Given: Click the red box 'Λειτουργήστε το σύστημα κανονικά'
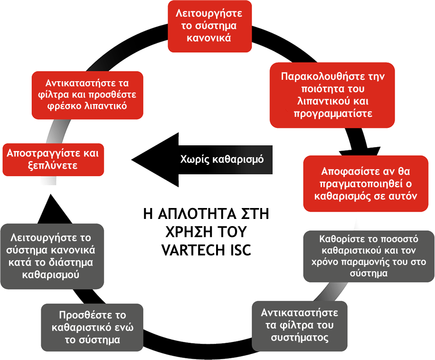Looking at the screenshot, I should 209,27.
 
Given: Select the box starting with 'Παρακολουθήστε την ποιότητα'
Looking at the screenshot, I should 332,95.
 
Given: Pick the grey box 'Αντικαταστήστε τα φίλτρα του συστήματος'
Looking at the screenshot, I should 300,325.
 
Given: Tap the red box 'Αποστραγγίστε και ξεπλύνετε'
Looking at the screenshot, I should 53,160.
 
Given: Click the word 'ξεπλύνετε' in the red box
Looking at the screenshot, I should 53,166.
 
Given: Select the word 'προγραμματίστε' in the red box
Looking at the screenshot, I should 332,114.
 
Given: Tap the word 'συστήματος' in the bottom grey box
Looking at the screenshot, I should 300,338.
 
